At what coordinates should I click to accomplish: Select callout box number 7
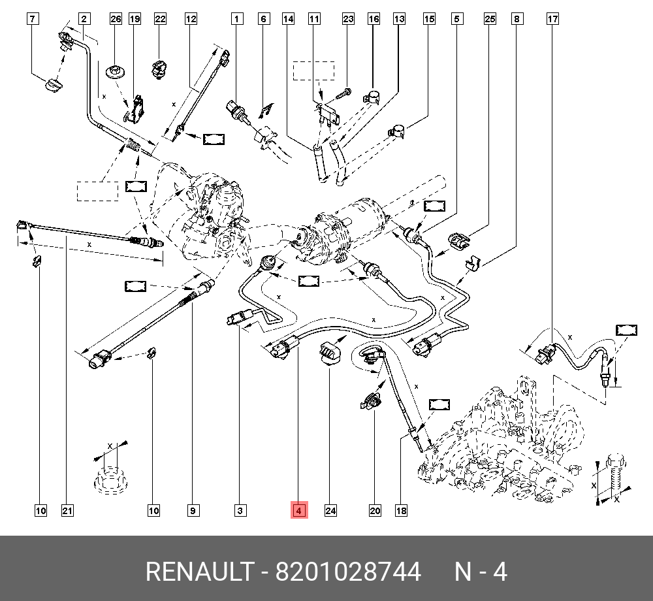[33, 19]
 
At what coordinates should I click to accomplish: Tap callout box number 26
[116, 19]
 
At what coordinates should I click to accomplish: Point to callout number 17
[552, 19]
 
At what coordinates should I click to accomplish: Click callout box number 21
[66, 510]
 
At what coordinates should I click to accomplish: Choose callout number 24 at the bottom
[330, 510]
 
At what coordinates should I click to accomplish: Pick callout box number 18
[401, 510]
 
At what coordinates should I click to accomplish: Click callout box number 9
[193, 510]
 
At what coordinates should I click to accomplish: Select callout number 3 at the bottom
[240, 510]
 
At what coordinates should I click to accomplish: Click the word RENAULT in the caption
[198, 572]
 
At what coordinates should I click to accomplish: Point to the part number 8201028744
[348, 572]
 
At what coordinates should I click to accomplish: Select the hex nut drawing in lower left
[109, 480]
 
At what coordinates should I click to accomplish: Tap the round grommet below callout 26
[116, 70]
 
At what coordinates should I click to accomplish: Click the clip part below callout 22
[159, 69]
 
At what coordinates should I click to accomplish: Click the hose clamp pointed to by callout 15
[398, 131]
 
